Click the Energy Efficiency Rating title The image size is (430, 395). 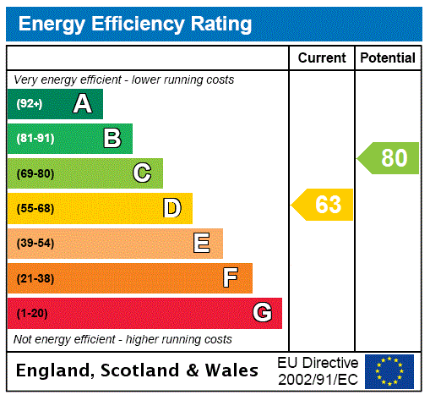(134, 24)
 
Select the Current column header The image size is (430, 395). (322, 58)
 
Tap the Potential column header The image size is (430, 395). (388, 58)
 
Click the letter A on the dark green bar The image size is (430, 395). (82, 104)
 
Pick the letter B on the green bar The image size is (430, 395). (112, 139)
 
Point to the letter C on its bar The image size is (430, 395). (142, 173)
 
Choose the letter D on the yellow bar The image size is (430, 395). (171, 208)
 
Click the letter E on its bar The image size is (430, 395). (202, 244)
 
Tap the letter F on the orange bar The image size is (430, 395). (231, 277)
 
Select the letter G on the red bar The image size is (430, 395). (262, 313)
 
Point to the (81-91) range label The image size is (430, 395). (35, 139)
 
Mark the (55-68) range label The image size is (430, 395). (35, 208)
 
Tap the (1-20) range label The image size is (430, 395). (32, 313)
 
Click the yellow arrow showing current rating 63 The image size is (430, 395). (323, 205)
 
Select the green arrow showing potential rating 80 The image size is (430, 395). (389, 158)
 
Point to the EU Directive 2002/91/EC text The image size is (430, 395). (318, 370)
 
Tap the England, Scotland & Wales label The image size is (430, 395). (138, 370)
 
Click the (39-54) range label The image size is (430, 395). (35, 244)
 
